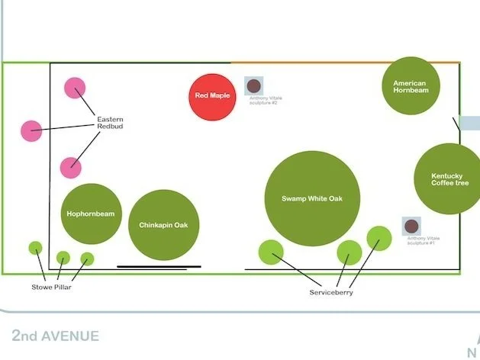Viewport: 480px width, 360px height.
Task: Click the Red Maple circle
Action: (x=211, y=96)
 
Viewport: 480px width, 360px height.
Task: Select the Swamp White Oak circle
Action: (x=313, y=198)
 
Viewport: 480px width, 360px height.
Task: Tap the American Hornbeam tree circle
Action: (x=411, y=86)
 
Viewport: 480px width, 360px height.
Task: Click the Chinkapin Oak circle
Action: (x=163, y=225)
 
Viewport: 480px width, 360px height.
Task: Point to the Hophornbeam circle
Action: (x=91, y=214)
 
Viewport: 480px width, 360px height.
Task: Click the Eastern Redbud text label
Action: (x=110, y=123)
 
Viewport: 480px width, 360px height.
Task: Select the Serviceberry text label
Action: (x=331, y=293)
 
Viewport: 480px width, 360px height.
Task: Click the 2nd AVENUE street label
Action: (x=55, y=336)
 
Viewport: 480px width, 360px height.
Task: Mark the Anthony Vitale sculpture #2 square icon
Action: (x=254, y=85)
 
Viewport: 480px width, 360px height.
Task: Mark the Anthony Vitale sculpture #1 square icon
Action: (x=412, y=227)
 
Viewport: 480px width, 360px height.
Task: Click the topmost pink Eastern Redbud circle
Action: (x=75, y=88)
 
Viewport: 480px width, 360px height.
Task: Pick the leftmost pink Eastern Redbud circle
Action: (x=31, y=131)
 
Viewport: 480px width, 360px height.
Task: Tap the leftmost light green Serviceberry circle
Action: (x=271, y=252)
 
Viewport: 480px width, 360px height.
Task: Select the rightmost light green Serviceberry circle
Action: (x=379, y=238)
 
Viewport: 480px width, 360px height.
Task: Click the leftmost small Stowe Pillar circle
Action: (x=35, y=248)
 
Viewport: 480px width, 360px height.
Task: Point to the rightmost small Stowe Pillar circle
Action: (x=87, y=259)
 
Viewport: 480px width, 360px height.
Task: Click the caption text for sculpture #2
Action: (x=263, y=100)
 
